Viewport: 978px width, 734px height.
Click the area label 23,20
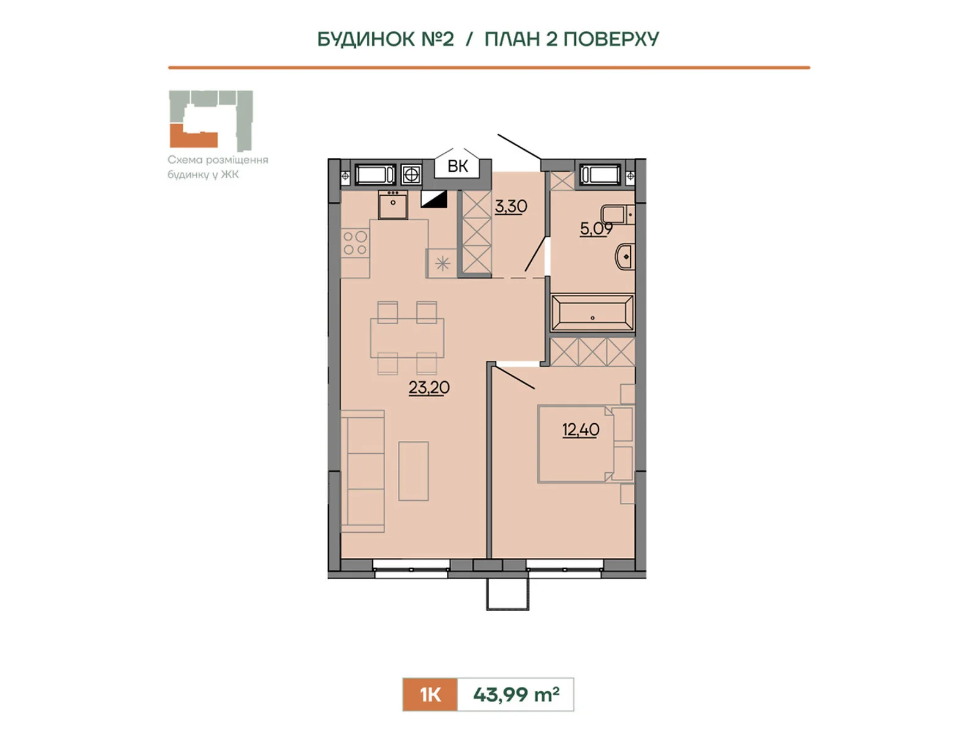pos(428,387)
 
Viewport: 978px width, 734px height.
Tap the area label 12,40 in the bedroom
pos(580,429)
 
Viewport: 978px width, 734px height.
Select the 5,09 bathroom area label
pos(596,229)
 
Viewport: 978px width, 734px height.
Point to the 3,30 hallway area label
pos(510,206)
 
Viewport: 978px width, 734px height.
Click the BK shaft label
pos(458,166)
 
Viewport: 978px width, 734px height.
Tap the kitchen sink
pos(393,204)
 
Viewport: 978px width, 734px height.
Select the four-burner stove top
pos(356,243)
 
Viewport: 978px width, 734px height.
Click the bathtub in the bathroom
pos(592,313)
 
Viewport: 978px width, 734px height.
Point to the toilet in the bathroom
pos(617,214)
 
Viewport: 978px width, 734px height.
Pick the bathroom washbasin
pos(625,257)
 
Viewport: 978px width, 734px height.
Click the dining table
pos(407,338)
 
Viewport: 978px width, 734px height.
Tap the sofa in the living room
pos(362,471)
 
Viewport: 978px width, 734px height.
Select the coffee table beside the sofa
pos(413,471)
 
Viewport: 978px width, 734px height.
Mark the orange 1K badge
pos(430,694)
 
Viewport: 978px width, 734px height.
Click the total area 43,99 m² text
pos(516,694)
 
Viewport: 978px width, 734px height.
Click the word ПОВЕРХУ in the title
pos(611,39)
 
